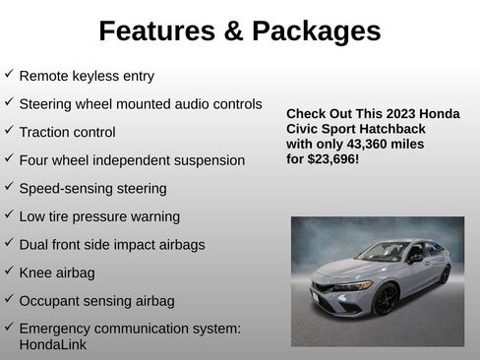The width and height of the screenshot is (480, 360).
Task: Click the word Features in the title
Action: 154,31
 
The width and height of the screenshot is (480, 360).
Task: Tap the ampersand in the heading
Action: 233,31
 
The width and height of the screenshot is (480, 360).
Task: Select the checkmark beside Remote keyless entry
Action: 9,74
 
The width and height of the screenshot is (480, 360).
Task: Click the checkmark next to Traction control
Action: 9,130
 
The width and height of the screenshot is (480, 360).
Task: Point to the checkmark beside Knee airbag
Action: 9,270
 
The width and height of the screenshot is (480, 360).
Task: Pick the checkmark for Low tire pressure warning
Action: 9,214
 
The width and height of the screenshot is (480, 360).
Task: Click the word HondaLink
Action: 52,345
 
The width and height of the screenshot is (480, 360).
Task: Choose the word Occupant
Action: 50,300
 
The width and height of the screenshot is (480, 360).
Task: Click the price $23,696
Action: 332,158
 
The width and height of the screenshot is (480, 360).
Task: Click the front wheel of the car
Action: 386,298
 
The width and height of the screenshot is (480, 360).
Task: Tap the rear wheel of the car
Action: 444,273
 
